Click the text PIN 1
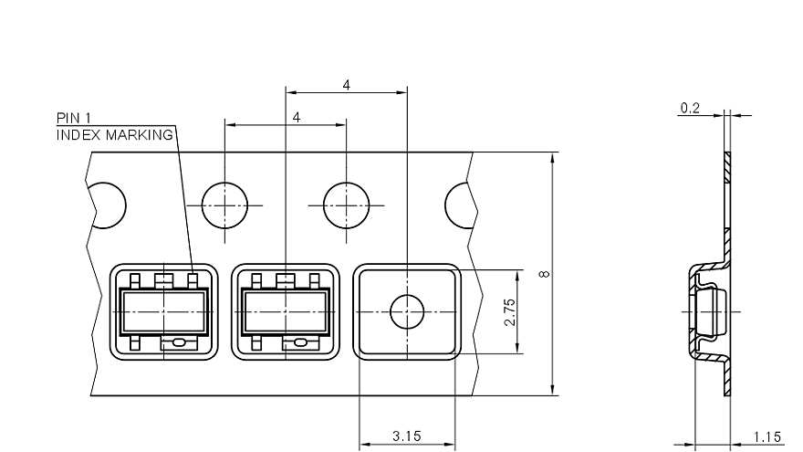(74, 118)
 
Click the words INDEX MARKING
(115, 134)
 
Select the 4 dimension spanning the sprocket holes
(297, 118)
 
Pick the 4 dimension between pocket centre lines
(346, 85)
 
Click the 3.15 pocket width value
(406, 436)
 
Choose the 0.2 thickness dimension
(690, 108)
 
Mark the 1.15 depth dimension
(767, 436)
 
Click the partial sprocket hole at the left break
(108, 205)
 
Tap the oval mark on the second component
(300, 343)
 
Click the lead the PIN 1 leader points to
(193, 279)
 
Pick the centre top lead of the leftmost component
(164, 279)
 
